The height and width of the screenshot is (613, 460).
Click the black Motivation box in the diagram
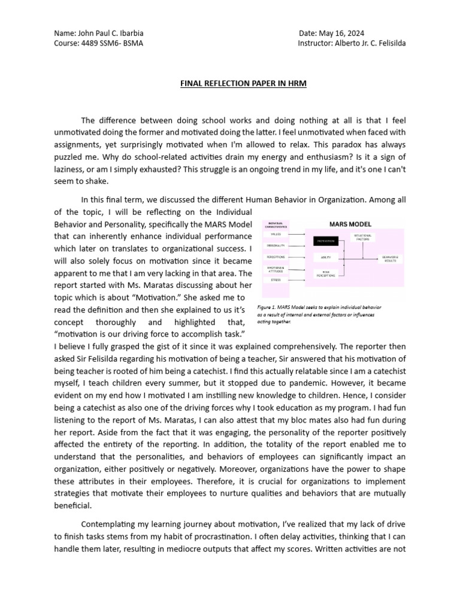click(325, 241)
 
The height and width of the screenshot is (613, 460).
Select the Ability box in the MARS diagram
click(325, 257)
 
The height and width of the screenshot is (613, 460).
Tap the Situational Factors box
click(362, 236)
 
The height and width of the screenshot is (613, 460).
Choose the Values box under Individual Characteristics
click(275, 234)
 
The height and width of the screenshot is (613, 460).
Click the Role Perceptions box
click(325, 274)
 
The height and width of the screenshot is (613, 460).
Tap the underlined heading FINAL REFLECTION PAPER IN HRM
click(243, 84)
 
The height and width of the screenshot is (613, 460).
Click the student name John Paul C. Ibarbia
click(111, 34)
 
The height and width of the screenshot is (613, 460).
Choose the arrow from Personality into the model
click(296, 245)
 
